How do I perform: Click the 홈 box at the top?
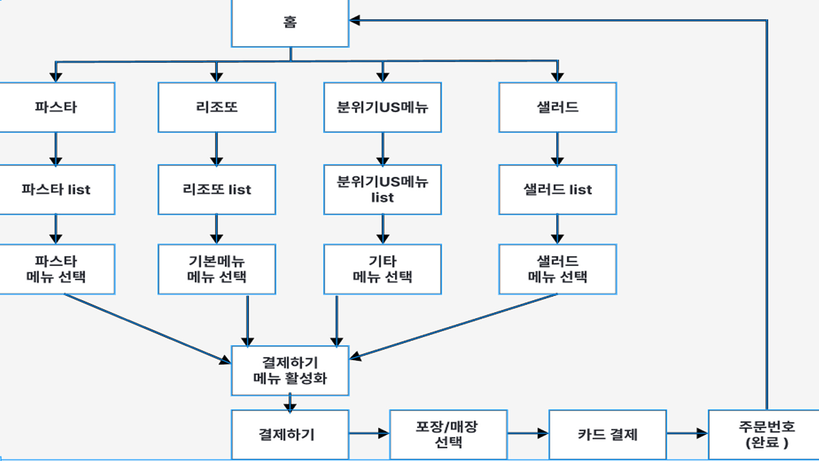coord(290,22)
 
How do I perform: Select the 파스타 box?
coord(56,107)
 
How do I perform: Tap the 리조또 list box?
coord(217,190)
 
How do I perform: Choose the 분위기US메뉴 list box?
coord(382,190)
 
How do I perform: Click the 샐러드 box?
coord(558,107)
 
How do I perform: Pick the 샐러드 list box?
coord(558,190)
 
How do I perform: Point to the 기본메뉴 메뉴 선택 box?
coord(217,269)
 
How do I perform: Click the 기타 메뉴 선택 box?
coord(382,269)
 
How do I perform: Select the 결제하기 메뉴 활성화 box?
coord(290,371)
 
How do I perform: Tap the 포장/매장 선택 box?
coord(448,434)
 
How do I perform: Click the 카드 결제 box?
coord(607,434)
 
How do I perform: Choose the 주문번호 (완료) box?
coord(766,434)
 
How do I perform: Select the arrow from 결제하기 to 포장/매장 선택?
coord(369,434)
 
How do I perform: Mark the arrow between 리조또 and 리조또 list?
coord(217,149)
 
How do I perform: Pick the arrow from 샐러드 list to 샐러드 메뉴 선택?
coord(558,229)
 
